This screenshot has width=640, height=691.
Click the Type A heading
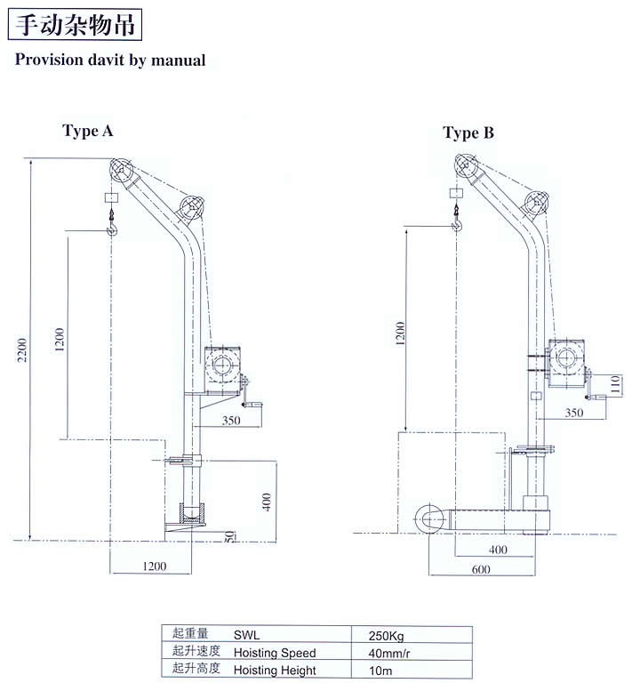(88, 131)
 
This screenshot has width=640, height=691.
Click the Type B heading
(468, 133)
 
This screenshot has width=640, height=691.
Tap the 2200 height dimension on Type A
(22, 350)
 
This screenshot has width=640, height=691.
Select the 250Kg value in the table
(386, 636)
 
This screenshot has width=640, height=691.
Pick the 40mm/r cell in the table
(389, 653)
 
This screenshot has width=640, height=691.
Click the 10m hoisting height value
(380, 671)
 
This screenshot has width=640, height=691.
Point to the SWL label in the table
(246, 635)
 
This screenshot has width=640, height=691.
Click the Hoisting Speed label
(275, 653)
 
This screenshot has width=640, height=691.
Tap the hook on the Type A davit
(112, 224)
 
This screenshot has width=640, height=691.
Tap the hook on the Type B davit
(457, 219)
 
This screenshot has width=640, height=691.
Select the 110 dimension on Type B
(616, 384)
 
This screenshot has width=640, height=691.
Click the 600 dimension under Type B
(481, 569)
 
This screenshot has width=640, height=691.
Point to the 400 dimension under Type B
(498, 550)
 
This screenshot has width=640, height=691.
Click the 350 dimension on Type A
(231, 421)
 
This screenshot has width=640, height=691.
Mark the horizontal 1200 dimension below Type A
(154, 566)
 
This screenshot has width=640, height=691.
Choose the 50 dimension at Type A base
(229, 536)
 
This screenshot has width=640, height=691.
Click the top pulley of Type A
(121, 170)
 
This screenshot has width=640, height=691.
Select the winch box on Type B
(566, 363)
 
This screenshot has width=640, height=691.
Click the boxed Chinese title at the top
(75, 24)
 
